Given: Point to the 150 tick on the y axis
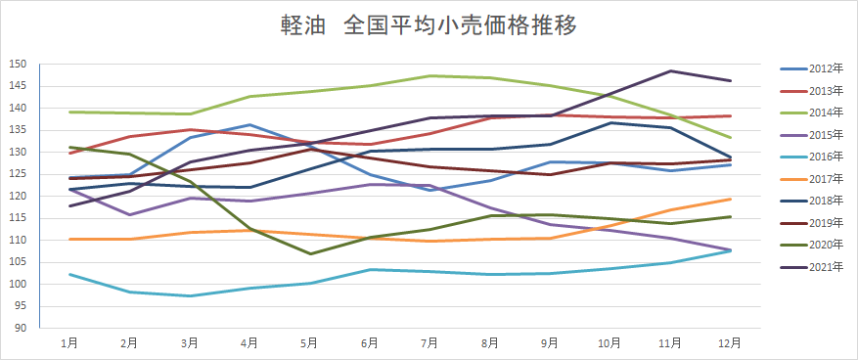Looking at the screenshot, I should point(18,64).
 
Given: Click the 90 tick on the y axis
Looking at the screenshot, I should point(21,328).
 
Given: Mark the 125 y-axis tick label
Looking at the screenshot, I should point(18,174).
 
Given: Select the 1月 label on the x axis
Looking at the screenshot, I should point(69,343).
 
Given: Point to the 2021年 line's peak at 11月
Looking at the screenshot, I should point(670,70).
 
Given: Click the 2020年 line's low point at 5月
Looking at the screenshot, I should point(310,253).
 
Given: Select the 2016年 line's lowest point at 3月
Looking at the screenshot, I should point(190,295).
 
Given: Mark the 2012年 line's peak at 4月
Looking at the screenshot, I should point(250,124).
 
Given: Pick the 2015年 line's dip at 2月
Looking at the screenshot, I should point(130,214).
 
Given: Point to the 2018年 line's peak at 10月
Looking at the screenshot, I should point(610,122).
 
